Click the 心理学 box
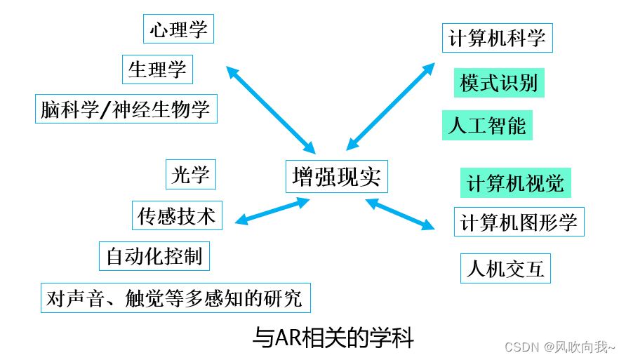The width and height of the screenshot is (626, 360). pos(178,29)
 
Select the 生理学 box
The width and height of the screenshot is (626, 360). pos(157,69)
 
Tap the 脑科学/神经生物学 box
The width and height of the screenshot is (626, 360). pos(126,109)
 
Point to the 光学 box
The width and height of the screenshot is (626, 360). pos(191,175)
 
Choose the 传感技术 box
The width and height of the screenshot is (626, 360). pos(177,215)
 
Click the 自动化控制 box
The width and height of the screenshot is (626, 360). pos(154,256)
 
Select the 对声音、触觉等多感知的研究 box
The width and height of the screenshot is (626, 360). pos(175,298)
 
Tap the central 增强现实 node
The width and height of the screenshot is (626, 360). pos(337,176)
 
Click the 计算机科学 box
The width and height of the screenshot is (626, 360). pos(498,38)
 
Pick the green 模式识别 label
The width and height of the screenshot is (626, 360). pos(499,83)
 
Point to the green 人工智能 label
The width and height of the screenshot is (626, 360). pos(487,126)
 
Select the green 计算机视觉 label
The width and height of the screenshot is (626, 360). pos(516,183)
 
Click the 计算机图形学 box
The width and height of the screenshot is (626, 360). pos(519,222)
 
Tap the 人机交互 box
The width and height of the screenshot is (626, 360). pos(505,268)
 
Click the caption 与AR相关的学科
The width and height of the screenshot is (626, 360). pos(333,338)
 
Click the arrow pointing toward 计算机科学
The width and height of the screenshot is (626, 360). pos(391,106)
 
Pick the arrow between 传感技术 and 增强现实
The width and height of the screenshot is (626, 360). pos(272,211)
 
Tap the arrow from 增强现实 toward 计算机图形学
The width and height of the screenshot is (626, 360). pos(400,214)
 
